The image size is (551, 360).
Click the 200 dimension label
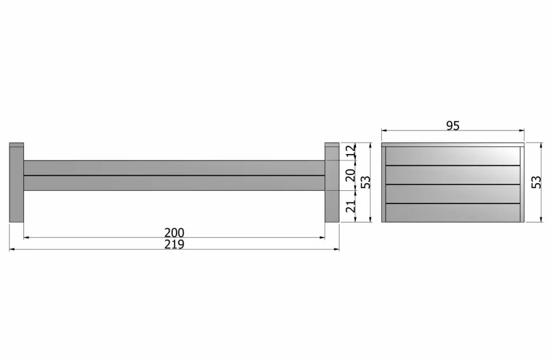(x=174, y=233)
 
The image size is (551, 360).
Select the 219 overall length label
(x=174, y=245)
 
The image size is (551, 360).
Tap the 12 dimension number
(x=351, y=151)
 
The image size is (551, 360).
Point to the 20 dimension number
(x=351, y=175)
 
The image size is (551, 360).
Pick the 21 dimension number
(x=351, y=206)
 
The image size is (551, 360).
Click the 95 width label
(x=453, y=125)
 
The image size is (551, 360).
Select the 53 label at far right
(x=536, y=183)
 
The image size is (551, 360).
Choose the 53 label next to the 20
(x=365, y=183)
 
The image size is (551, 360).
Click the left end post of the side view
(x=16, y=183)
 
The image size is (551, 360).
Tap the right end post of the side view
(x=332, y=183)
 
